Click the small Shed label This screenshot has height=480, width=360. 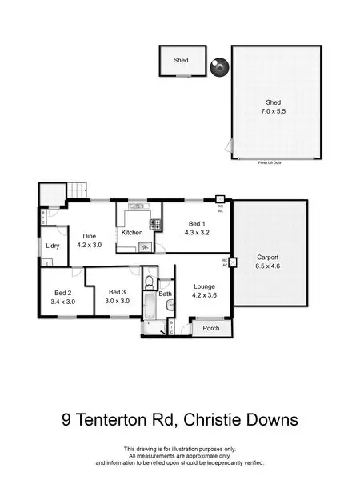pos(181,60)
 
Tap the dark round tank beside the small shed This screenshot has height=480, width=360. pos(216,69)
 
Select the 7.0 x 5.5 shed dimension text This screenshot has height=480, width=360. pos(274,114)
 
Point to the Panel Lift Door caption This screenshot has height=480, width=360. pos(273,162)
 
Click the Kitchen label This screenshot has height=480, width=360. pos(132,232)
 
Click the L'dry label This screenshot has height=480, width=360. pos(54,246)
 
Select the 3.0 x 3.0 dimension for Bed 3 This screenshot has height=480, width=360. pos(118,302)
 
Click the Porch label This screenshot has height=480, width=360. pos(211,328)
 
